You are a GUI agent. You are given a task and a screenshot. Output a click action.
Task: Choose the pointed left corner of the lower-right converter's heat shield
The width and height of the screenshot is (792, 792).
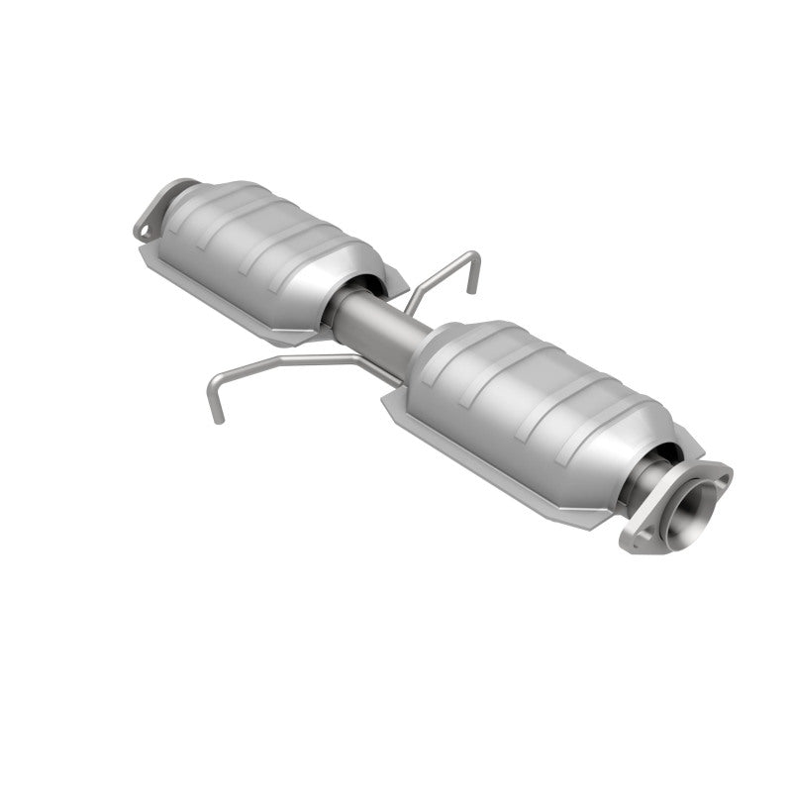(x=388, y=401)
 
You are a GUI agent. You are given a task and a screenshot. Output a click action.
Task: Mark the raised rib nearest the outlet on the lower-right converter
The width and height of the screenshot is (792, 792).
(x=594, y=416)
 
